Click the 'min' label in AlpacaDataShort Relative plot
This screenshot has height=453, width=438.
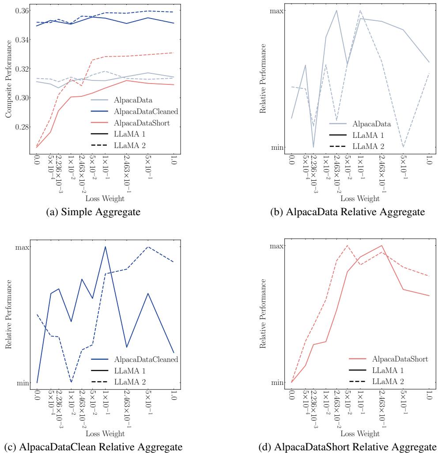pos(277,382)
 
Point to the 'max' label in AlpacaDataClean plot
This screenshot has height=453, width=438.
pos(22,247)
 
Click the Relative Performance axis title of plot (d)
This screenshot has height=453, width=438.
pos(264,314)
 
